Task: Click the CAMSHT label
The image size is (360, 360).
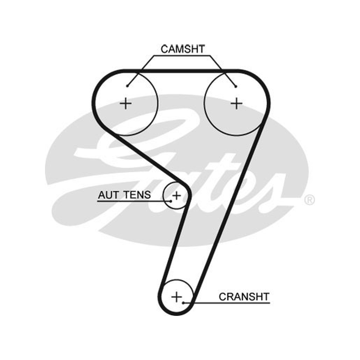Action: pos(183,49)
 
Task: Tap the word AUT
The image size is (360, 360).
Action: pos(109,195)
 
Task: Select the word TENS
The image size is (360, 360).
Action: pos(137,195)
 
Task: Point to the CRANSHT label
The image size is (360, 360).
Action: pos(244,297)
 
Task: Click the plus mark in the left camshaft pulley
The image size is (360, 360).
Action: pos(126,103)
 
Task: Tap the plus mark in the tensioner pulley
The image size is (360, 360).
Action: pos(176,196)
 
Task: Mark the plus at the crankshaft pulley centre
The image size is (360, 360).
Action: pos(176,297)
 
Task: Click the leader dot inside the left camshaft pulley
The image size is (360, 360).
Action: pos(127,86)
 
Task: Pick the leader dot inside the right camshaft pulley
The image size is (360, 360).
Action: pos(236,86)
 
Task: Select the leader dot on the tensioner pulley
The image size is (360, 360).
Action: pos(171,201)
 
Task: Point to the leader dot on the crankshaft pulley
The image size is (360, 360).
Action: pos(183,303)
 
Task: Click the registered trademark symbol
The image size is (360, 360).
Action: pos(309,200)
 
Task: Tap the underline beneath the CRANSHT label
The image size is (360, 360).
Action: pos(227,303)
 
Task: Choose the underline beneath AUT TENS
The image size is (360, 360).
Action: pos(134,201)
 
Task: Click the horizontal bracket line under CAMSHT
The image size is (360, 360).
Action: pos(182,55)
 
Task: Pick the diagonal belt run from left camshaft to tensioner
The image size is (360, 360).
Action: pos(152,158)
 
